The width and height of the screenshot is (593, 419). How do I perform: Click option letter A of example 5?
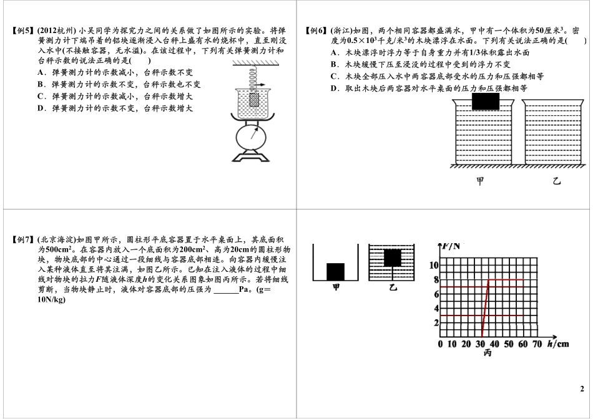41,73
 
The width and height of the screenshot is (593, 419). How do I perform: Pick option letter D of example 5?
41,108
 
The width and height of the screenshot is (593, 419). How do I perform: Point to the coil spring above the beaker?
255,78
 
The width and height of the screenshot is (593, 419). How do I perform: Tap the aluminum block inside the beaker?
255,99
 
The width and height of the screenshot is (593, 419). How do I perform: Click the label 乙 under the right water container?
557,181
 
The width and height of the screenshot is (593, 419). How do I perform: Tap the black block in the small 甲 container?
336,272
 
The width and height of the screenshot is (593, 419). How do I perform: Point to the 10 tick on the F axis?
435,266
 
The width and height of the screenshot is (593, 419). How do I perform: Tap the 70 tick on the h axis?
537,344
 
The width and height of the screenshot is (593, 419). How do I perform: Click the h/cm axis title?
558,343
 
